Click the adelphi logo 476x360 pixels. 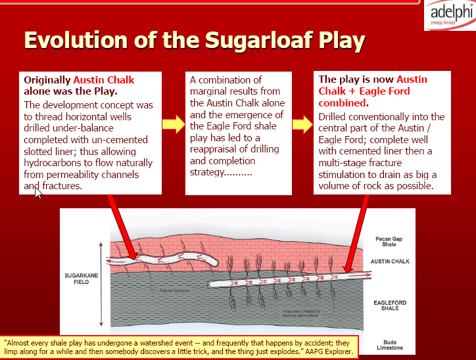tap(450, 15)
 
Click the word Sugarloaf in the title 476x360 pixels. tap(259, 40)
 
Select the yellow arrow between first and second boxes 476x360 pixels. tap(174, 124)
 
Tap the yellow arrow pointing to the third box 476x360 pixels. tap(302, 124)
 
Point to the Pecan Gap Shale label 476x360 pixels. tap(389, 241)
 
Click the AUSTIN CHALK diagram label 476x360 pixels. tap(390, 261)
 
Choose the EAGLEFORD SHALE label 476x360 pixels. tap(390, 305)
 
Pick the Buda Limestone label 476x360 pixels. tap(390, 345)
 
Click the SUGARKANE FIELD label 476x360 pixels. tap(82, 279)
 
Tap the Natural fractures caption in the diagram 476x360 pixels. tap(174, 290)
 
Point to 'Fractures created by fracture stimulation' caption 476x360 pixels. tap(302, 313)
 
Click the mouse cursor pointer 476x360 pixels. tap(38, 193)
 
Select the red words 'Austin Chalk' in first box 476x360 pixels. tap(103, 80)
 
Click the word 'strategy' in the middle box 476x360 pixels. tap(207, 172)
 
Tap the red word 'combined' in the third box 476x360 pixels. tap(342, 103)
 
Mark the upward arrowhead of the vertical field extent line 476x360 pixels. tap(101, 244)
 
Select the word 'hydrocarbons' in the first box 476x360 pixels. tap(53, 163)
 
